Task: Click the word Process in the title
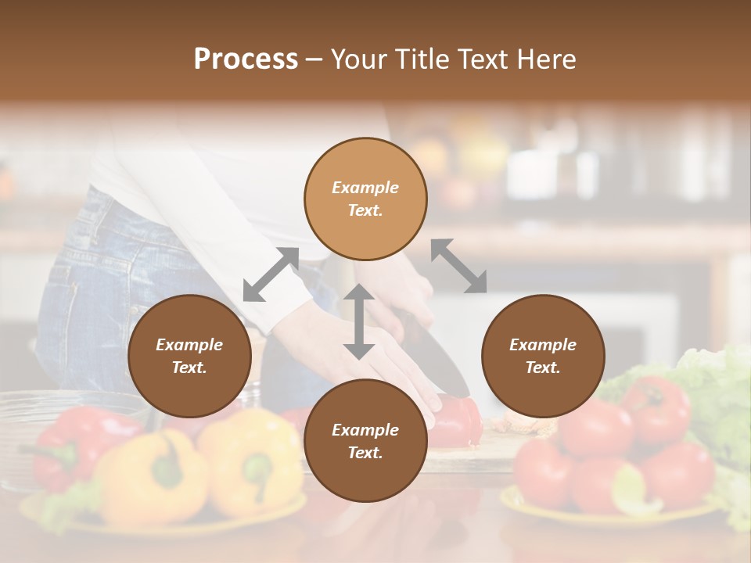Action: click(246, 59)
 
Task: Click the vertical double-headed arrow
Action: click(359, 321)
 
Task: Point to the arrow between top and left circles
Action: click(271, 274)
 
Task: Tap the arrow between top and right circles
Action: click(458, 266)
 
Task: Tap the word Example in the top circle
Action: click(365, 188)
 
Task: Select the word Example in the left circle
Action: click(189, 345)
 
